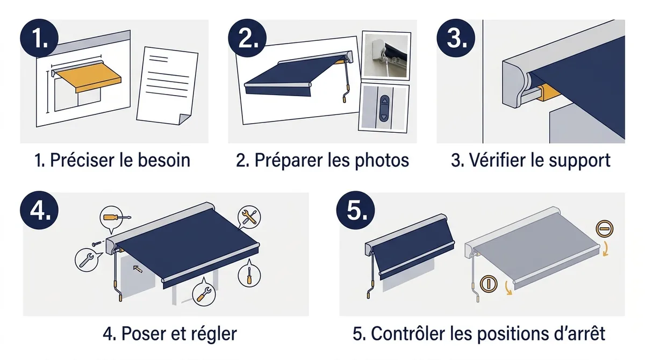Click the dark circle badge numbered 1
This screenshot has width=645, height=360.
39,38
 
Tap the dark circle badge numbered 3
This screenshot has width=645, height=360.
456,38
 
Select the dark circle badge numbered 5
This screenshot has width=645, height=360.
356,211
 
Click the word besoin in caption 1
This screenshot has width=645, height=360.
164,160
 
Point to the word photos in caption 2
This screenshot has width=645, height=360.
382,161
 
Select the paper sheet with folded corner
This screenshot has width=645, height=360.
167,86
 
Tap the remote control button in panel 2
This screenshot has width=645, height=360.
384,108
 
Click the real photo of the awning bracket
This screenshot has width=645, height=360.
385,55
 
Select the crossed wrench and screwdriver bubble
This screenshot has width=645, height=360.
249,217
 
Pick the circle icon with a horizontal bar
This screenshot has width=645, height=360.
604,229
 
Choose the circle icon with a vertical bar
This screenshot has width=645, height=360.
489,284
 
